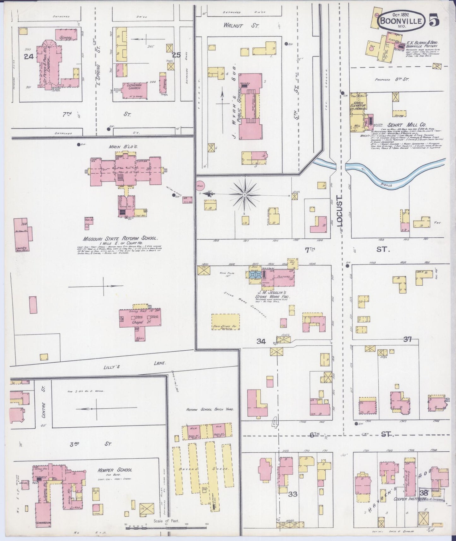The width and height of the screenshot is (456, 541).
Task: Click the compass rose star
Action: point(245,196)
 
